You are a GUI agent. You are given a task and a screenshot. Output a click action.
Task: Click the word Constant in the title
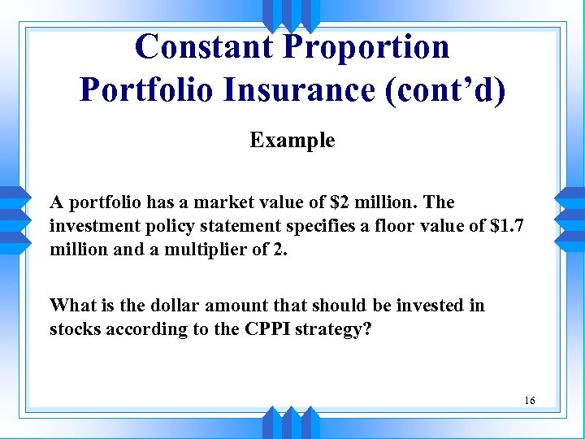point(204,47)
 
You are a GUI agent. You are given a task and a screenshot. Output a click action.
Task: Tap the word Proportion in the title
point(366,47)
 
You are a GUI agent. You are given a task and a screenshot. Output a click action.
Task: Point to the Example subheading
point(292,141)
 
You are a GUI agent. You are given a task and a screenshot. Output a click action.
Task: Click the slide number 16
point(530,401)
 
